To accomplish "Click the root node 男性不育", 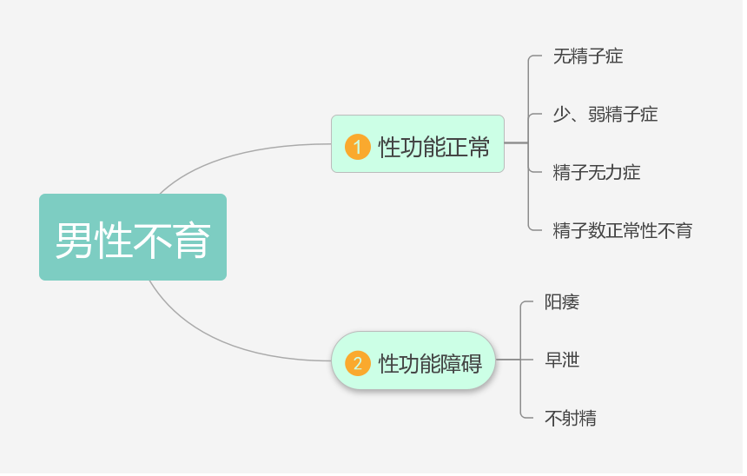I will click(133, 237).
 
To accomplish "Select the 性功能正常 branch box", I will click(418, 144).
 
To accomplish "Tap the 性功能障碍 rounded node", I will click(413, 360).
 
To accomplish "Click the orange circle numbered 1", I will click(358, 147).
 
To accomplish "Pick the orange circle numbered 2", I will click(358, 363).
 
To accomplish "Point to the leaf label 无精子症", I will click(588, 56).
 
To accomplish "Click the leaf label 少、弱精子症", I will click(605, 114).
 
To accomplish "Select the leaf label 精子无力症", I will click(597, 172).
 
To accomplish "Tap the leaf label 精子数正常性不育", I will click(623, 230).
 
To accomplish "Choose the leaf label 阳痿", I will click(562, 302).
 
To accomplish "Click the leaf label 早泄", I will click(562, 360).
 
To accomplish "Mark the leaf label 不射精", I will click(571, 418).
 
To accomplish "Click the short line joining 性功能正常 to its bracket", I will click(516, 142).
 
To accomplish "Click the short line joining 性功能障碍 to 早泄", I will click(508, 360).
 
